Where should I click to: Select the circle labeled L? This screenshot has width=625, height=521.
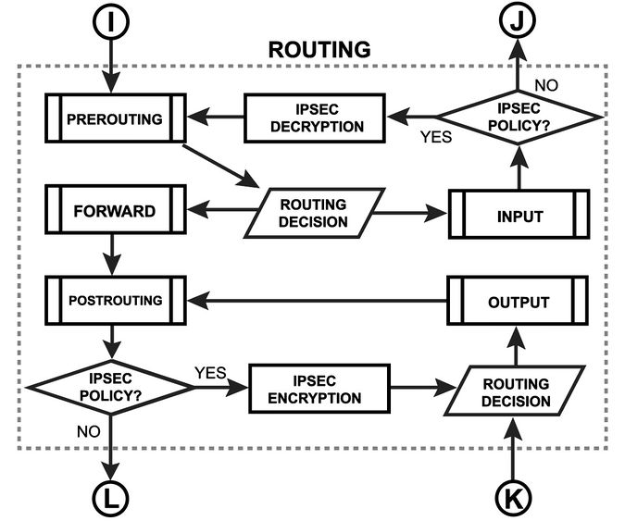tap(112, 499)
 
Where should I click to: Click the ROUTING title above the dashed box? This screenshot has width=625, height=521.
tap(319, 50)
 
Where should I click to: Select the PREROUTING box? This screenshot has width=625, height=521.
tap(114, 118)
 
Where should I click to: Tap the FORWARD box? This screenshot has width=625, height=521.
tap(114, 210)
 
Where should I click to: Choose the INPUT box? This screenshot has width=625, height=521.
tap(519, 215)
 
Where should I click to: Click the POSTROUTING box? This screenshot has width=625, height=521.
tap(114, 300)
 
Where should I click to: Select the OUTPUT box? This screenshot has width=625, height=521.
tap(519, 302)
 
